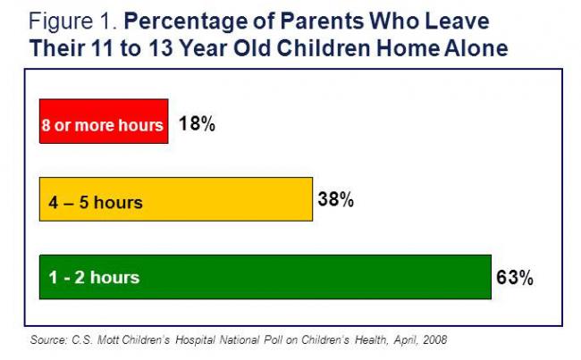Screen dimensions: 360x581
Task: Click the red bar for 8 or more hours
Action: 103,121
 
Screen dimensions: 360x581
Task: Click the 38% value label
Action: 336,200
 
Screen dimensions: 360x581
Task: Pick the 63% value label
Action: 514,278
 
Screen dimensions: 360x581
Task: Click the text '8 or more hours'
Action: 103,125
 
